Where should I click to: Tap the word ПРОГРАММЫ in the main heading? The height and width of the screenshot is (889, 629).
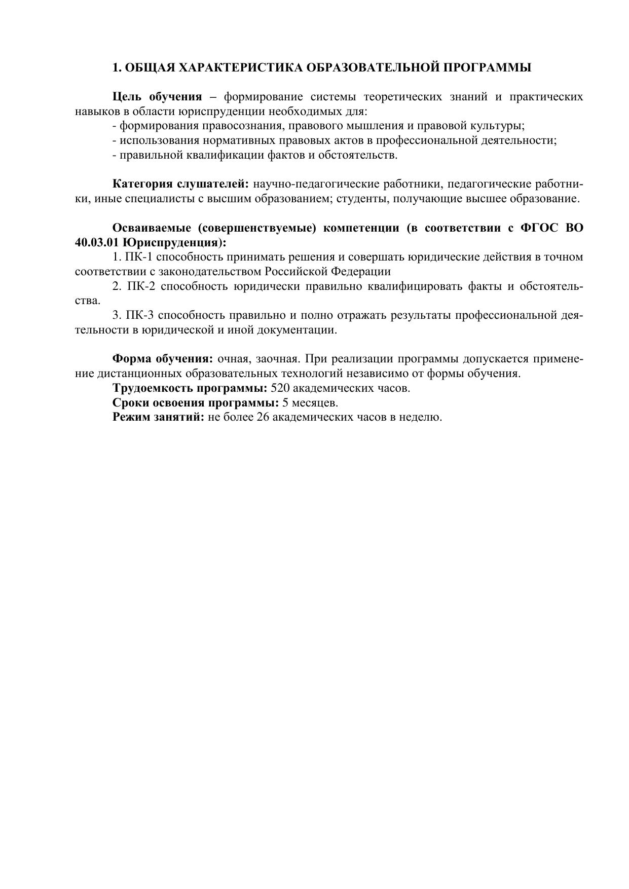point(487,67)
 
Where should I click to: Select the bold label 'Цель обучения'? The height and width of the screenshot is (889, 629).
point(157,97)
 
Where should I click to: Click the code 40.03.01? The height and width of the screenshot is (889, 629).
point(97,242)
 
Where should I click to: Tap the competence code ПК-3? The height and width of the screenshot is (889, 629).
point(140,315)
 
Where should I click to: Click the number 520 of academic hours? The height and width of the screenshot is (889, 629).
point(280,389)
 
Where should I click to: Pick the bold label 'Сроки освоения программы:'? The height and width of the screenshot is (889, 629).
point(196,403)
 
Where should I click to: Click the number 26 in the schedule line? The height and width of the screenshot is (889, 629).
point(263,418)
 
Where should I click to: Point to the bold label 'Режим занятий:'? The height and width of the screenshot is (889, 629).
point(158,418)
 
